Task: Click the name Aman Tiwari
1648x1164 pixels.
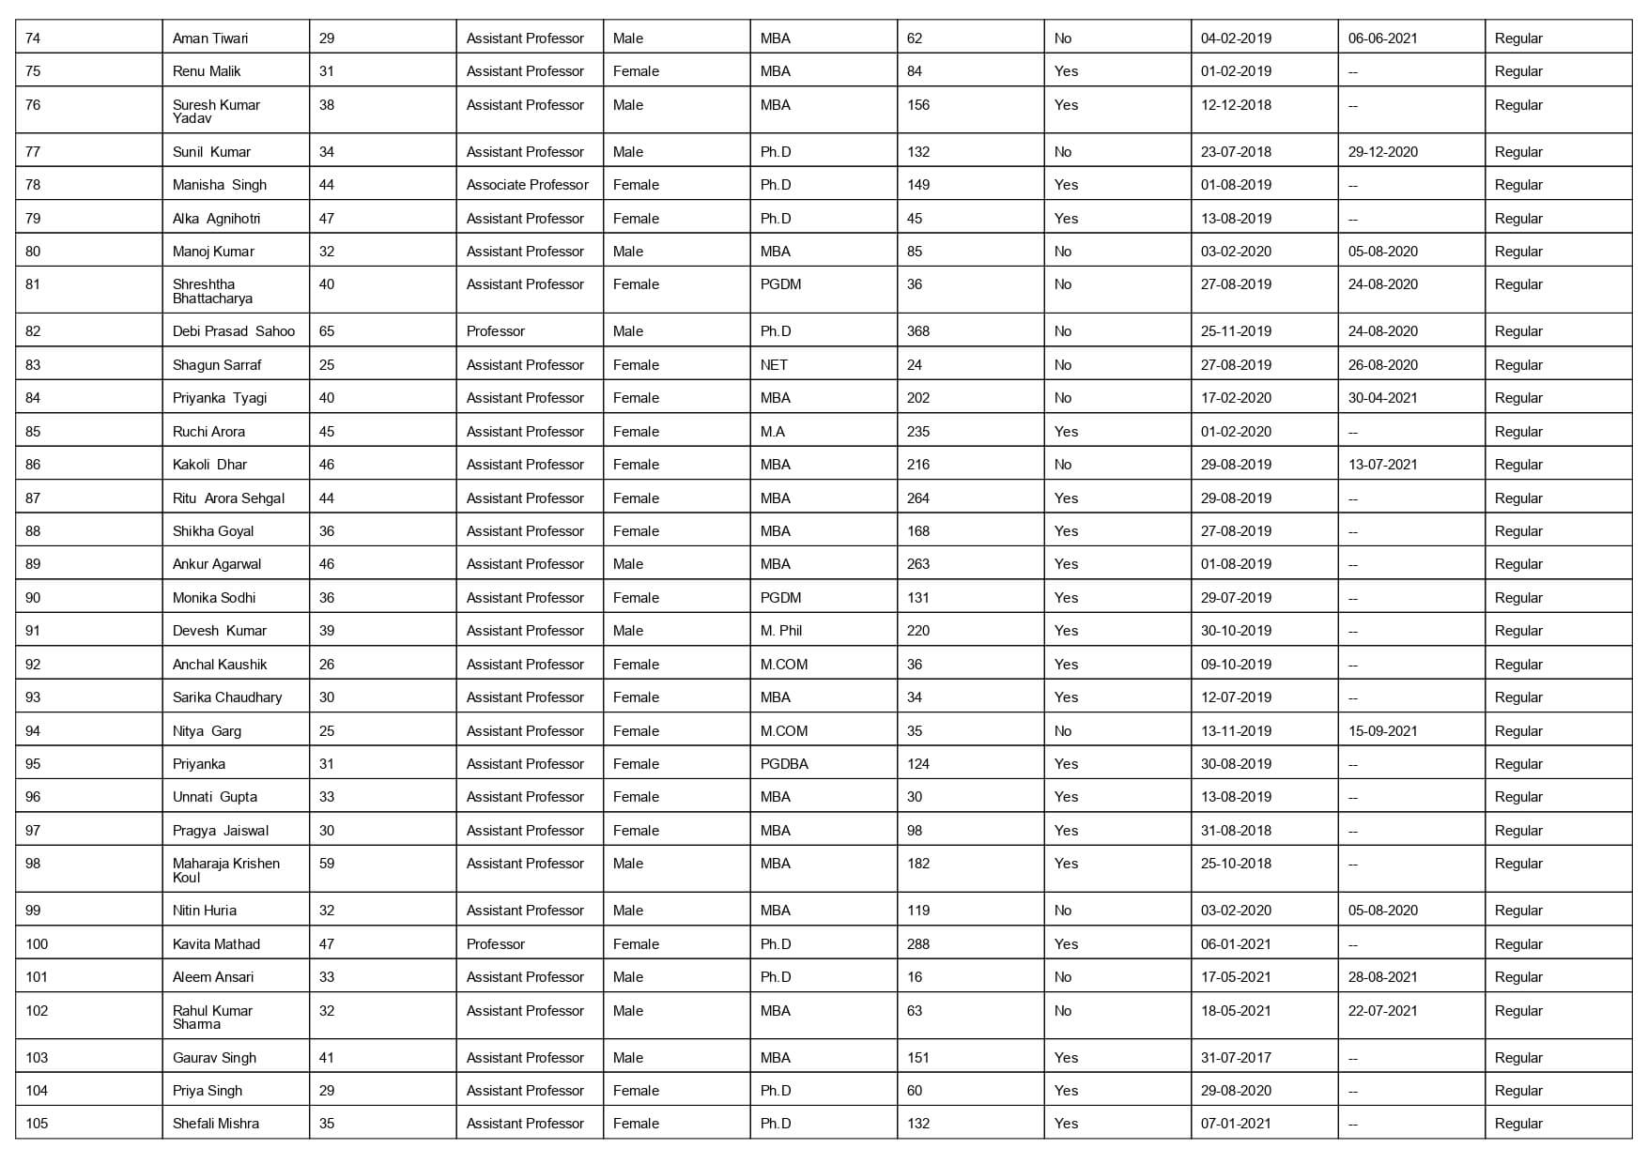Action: click(210, 38)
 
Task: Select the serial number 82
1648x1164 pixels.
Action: click(33, 331)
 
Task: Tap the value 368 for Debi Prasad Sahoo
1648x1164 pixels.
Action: click(918, 331)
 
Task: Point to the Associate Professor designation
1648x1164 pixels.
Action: click(527, 185)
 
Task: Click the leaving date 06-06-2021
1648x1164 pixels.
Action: click(1382, 38)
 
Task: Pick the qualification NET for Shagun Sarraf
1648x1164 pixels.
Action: click(774, 365)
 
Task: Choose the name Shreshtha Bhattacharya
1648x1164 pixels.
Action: click(212, 291)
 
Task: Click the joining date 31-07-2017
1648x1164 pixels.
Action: click(1236, 1058)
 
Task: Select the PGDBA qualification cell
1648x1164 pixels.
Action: click(784, 764)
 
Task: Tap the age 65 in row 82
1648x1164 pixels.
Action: click(327, 331)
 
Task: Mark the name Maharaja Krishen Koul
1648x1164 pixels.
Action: click(225, 870)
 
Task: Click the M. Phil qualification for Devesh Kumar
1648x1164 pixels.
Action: click(781, 631)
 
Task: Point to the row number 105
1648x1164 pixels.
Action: click(37, 1124)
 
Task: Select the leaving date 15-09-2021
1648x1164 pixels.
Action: click(1382, 731)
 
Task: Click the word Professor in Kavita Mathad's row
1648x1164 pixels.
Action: click(496, 944)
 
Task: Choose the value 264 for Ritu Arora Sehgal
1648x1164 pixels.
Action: click(918, 498)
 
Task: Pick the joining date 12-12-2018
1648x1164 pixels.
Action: click(1236, 105)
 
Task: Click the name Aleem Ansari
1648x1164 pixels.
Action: click(213, 977)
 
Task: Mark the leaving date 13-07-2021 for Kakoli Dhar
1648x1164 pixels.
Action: click(1382, 465)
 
